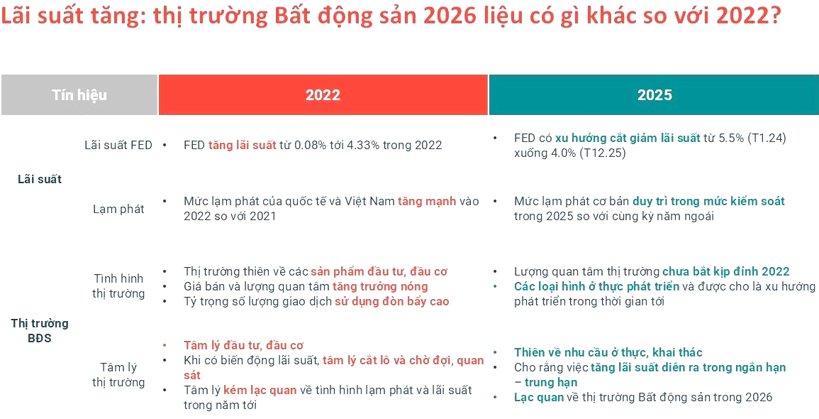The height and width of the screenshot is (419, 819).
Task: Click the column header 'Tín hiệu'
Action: [x=79, y=94]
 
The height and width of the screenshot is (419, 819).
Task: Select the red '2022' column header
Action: [x=323, y=95]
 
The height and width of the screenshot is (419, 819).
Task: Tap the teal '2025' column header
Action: [x=654, y=95]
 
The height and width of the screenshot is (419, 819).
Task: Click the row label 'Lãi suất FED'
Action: [x=118, y=145]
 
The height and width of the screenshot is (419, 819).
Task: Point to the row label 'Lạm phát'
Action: [x=118, y=209]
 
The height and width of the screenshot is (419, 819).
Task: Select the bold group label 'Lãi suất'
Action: [x=40, y=179]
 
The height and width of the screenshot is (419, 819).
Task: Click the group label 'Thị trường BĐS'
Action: [x=40, y=330]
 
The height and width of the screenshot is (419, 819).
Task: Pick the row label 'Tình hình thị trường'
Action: [x=118, y=285]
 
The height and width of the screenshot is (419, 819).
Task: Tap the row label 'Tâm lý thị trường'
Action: [x=118, y=374]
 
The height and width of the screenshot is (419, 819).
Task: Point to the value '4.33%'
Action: [x=362, y=145]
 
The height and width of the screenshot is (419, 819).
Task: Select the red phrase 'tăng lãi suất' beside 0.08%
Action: [x=242, y=145]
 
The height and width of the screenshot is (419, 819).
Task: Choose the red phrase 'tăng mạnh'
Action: [x=427, y=201]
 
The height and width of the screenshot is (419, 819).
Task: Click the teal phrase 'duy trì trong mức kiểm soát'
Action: [x=708, y=201]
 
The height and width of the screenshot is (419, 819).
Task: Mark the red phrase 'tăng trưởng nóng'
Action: [x=380, y=286]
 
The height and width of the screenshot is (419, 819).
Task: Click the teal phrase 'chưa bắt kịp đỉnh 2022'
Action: [x=725, y=271]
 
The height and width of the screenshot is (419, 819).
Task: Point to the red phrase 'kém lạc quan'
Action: [x=260, y=390]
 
